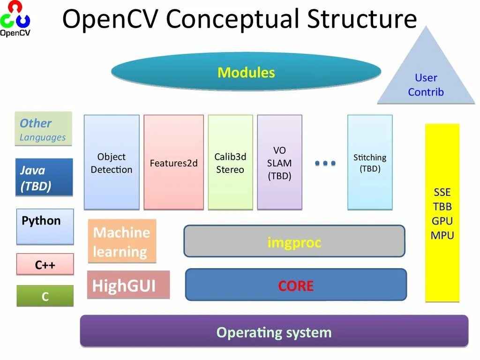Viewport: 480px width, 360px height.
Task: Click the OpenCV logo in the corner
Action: [x=15, y=19]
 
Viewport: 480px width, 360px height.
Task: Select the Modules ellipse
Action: [x=246, y=72]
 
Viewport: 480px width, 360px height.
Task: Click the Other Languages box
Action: [x=43, y=129]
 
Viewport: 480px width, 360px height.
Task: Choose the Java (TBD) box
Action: [x=44, y=177]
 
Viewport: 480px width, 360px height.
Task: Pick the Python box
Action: [x=45, y=226]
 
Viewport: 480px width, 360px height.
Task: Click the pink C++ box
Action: [x=45, y=264]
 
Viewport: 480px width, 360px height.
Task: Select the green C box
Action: [x=45, y=296]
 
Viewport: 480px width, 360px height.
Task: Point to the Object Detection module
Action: [x=112, y=162]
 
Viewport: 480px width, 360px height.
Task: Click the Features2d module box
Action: [x=173, y=162]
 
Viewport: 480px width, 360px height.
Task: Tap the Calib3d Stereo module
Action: [x=230, y=162]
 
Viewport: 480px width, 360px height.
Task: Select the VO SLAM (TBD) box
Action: [x=279, y=162]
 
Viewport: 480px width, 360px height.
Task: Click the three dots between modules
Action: [x=325, y=163]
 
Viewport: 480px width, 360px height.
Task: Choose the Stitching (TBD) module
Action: [x=370, y=162]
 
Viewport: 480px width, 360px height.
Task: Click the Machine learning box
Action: [x=122, y=241]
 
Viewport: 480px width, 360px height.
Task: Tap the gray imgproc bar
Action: [x=294, y=241]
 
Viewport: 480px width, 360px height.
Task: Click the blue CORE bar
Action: [x=296, y=285]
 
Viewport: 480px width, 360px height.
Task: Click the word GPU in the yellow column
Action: [x=442, y=221]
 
